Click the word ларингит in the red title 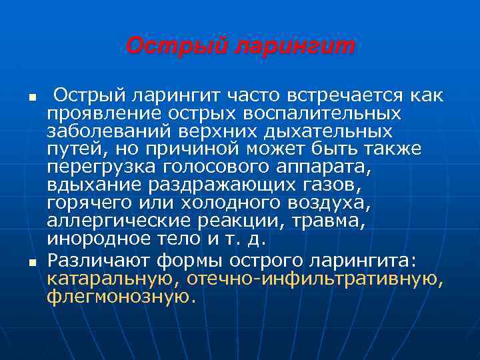[293, 47]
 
